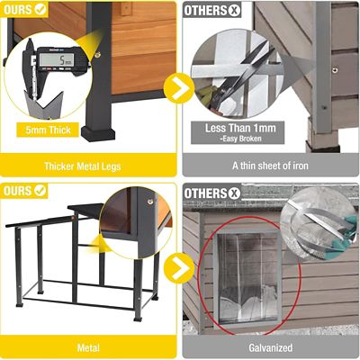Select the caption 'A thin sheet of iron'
coord(270,166)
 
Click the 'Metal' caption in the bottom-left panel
coord(88,346)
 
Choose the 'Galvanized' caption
coord(270,346)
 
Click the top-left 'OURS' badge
coord(24,11)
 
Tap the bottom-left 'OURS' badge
coord(24,191)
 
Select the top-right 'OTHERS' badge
coord(212,11)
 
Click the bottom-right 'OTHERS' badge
coord(212,191)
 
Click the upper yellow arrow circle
coord(182,88)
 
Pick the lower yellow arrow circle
coord(182,267)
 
